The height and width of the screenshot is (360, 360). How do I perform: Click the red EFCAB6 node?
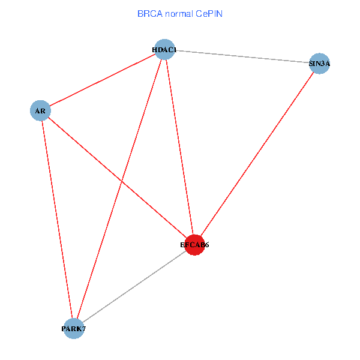click(194, 245)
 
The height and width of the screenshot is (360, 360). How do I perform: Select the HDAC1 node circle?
click(164, 49)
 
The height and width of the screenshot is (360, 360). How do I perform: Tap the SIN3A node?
click(320, 63)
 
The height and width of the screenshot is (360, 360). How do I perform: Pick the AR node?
click(40, 111)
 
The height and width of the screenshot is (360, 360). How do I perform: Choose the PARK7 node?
click(74, 328)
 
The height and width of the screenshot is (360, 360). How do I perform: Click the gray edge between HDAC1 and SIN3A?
click(242, 56)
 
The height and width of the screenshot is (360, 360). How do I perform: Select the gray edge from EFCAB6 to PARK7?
click(134, 287)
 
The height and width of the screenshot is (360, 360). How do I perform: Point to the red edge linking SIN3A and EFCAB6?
click(257, 154)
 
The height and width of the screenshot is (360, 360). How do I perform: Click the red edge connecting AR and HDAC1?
click(102, 80)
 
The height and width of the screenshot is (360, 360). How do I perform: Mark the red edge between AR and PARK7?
click(57, 220)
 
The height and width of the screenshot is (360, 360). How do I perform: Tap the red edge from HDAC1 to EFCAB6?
click(179, 147)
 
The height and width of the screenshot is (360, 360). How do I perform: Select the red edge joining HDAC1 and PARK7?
click(119, 189)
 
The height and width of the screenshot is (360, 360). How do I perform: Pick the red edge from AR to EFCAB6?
click(117, 178)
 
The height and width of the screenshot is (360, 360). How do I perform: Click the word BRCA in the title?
click(148, 13)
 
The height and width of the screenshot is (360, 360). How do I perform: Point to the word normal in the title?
click(178, 13)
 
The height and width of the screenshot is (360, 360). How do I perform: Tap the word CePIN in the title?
click(209, 13)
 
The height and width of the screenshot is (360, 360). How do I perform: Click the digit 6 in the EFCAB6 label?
click(206, 245)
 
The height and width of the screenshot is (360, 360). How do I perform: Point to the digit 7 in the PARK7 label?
click(91, 329)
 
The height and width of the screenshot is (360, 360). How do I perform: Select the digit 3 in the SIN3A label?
click(321, 63)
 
